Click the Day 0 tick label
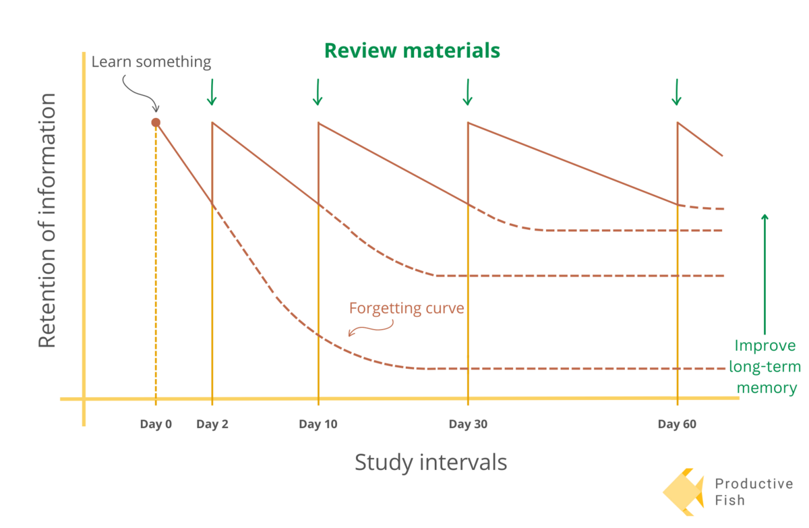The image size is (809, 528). click(x=156, y=424)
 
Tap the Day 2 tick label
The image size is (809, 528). click(x=212, y=424)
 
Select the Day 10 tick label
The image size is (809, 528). click(x=318, y=424)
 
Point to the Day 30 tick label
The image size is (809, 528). click(x=468, y=424)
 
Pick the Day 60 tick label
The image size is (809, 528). click(x=677, y=424)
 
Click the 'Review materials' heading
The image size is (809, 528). click(x=412, y=51)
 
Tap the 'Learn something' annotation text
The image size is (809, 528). click(x=151, y=62)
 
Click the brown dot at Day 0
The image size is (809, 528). click(x=156, y=122)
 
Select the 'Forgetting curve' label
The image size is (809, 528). click(x=407, y=308)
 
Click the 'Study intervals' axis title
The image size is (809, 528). click(x=431, y=463)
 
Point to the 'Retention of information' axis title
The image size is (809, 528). click(x=47, y=220)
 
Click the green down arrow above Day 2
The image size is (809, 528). click(x=212, y=92)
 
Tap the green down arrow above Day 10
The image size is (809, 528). click(x=318, y=92)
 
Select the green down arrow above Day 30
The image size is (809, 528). click(x=467, y=92)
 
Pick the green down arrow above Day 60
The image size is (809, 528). click(x=677, y=92)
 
